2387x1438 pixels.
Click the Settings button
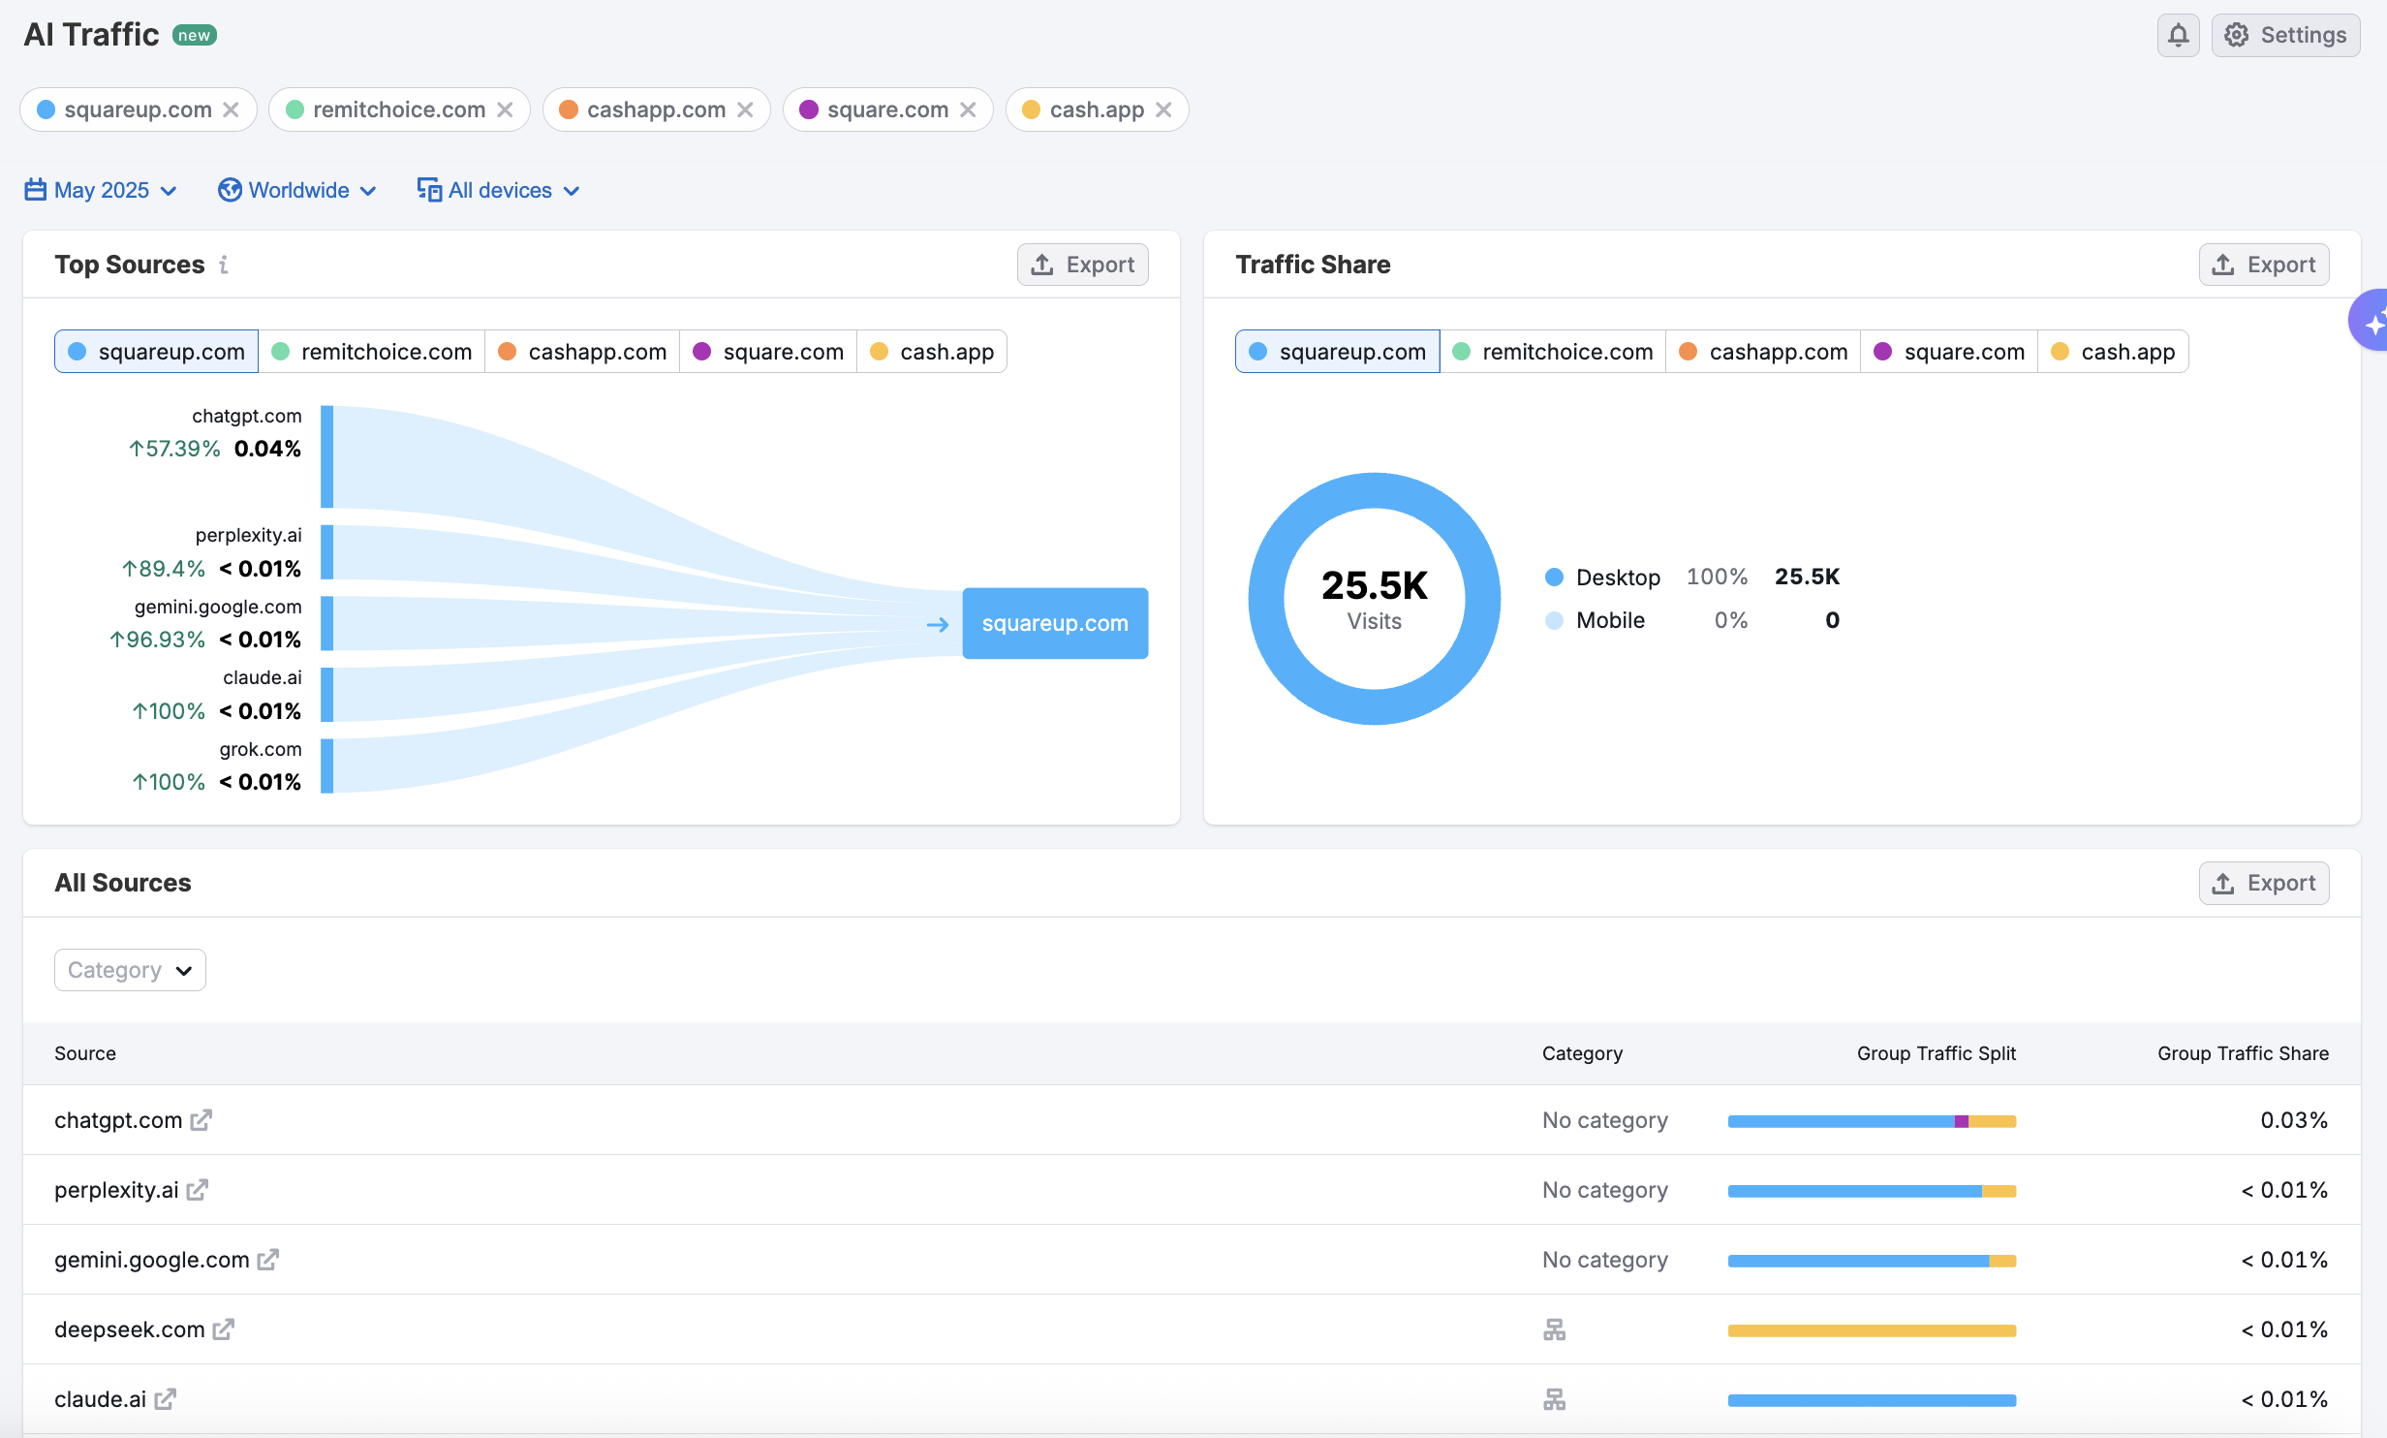tap(2284, 36)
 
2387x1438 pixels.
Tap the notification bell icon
tap(2178, 36)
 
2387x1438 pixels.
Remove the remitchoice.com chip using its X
tap(505, 110)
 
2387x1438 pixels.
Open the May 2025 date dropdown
tap(101, 190)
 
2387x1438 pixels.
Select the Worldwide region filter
tap(297, 190)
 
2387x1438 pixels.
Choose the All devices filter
tap(499, 190)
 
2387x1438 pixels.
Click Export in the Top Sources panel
tap(1082, 265)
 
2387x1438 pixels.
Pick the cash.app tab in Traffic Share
tap(2113, 352)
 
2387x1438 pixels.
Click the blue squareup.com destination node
tap(1055, 623)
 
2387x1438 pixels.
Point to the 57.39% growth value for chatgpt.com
tap(175, 449)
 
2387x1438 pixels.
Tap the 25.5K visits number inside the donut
tap(1374, 585)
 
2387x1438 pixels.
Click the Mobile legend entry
tap(1609, 620)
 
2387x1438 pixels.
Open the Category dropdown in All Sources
tap(130, 970)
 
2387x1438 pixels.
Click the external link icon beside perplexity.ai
tap(198, 1190)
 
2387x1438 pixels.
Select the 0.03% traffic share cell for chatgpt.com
tap(2293, 1120)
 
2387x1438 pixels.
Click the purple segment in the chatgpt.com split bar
tap(1961, 1121)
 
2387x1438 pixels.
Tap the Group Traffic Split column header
tap(1936, 1053)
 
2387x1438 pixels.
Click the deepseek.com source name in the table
tap(129, 1329)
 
